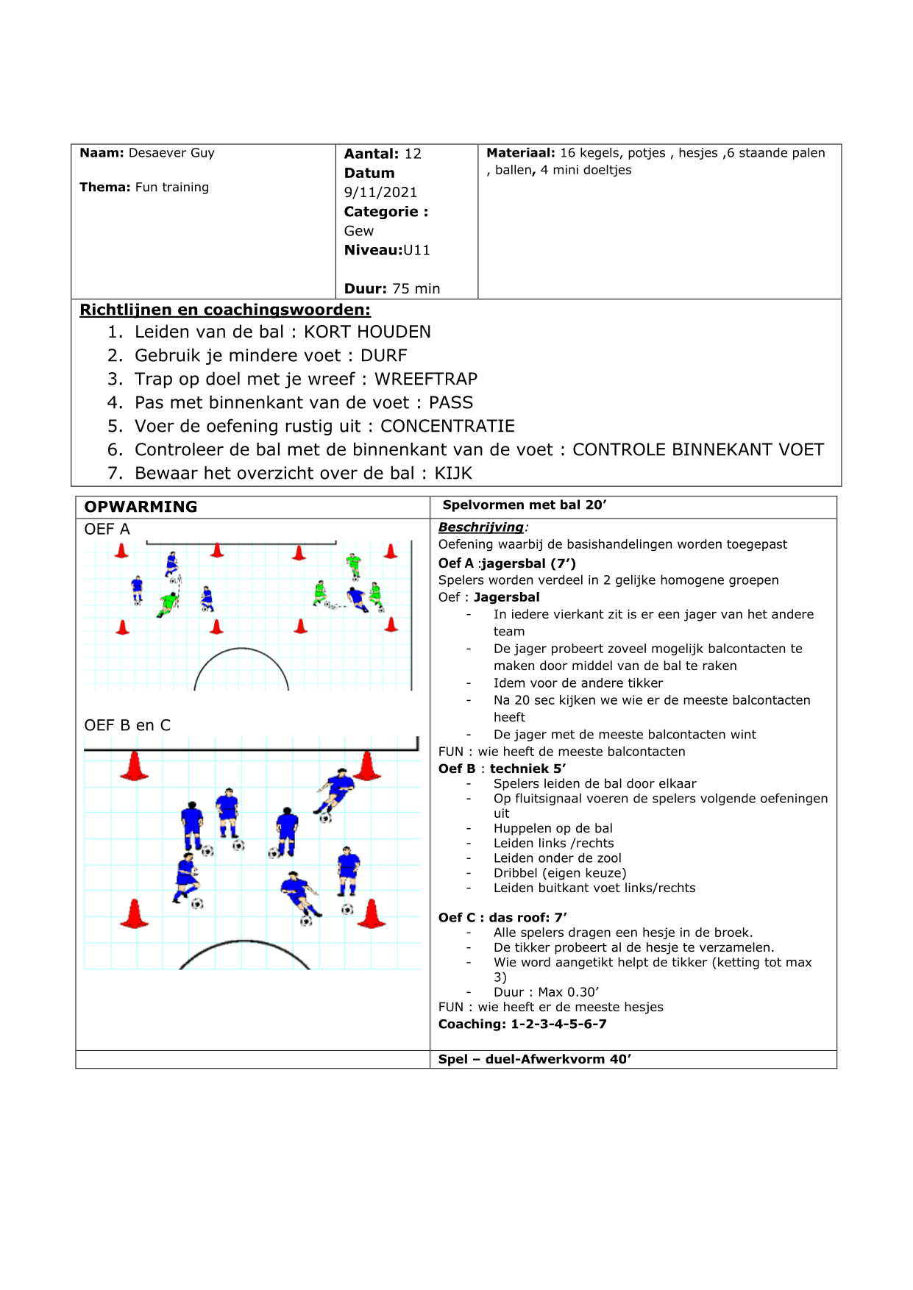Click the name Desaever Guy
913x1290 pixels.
171,153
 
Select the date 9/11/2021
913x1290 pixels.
380,192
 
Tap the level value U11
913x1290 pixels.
416,250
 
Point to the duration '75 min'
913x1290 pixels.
416,288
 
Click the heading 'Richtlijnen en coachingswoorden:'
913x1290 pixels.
225,310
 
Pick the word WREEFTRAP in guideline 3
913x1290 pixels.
426,379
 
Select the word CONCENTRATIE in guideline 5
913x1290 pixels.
447,426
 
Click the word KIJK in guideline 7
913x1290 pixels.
453,473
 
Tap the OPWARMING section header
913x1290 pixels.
141,507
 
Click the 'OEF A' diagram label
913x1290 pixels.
107,529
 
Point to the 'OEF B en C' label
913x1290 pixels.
127,725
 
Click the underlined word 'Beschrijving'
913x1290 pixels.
481,527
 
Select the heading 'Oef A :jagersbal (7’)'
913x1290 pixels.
507,563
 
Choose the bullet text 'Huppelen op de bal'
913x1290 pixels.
553,828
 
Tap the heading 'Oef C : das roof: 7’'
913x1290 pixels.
502,917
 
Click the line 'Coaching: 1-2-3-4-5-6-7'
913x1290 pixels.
522,1024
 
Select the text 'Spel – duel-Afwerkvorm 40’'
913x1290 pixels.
534,1059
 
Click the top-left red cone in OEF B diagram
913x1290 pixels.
134,766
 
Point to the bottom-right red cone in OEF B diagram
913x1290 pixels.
372,914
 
